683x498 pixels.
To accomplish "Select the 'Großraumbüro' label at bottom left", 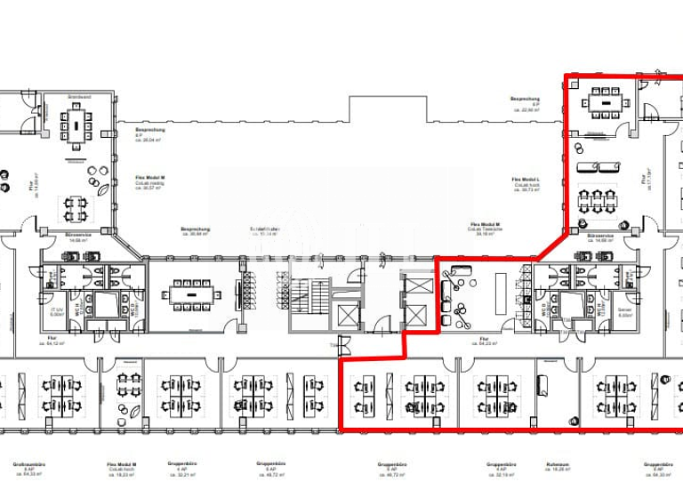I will tap(23, 466).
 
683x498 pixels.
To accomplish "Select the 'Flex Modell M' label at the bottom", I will tap(121, 466).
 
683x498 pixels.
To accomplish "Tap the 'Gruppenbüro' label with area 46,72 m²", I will tap(390, 466).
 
